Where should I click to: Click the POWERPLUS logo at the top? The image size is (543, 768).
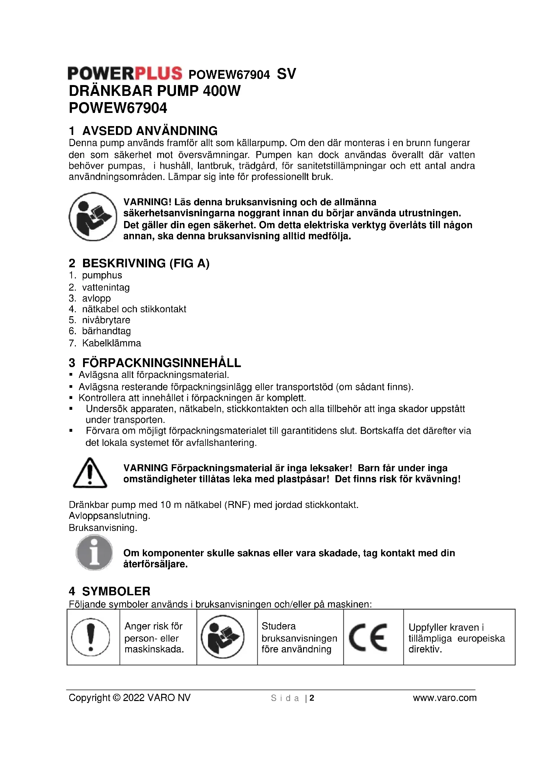click(x=125, y=73)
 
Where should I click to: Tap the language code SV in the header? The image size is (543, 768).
click(x=286, y=74)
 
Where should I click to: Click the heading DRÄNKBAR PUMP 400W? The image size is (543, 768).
click(x=155, y=91)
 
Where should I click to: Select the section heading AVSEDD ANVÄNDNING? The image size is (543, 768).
click(x=150, y=130)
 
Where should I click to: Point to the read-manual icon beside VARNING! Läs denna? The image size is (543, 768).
click(x=93, y=216)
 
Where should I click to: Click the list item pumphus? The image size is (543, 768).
click(x=102, y=275)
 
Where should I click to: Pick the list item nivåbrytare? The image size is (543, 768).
click(x=106, y=320)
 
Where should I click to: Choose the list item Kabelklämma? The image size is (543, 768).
click(x=111, y=343)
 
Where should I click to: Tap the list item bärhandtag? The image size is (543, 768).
click(x=106, y=331)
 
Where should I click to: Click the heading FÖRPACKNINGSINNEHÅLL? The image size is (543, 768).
click(x=162, y=363)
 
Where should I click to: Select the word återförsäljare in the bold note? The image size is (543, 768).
click(x=155, y=564)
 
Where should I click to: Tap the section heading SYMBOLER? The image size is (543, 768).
click(x=116, y=591)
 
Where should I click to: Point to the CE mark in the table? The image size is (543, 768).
click(x=368, y=638)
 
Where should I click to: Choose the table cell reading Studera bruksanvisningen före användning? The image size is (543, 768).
click(x=299, y=638)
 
